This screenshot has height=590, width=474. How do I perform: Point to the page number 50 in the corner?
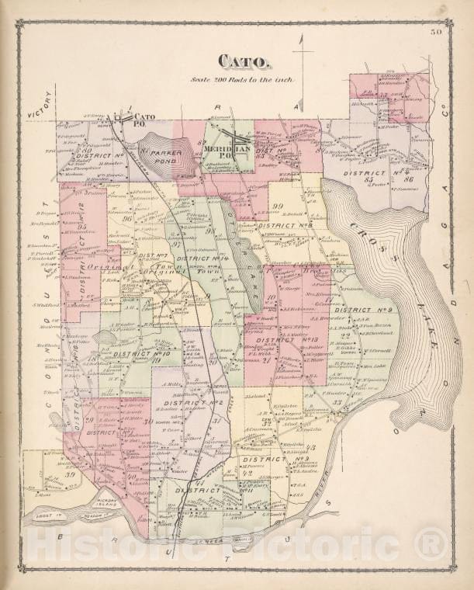(438, 32)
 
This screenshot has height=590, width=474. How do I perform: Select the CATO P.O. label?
(144, 119)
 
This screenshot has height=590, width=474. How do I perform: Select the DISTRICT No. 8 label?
(284, 226)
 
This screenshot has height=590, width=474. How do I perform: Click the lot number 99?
(276, 205)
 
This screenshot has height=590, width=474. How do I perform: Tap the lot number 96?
(126, 218)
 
